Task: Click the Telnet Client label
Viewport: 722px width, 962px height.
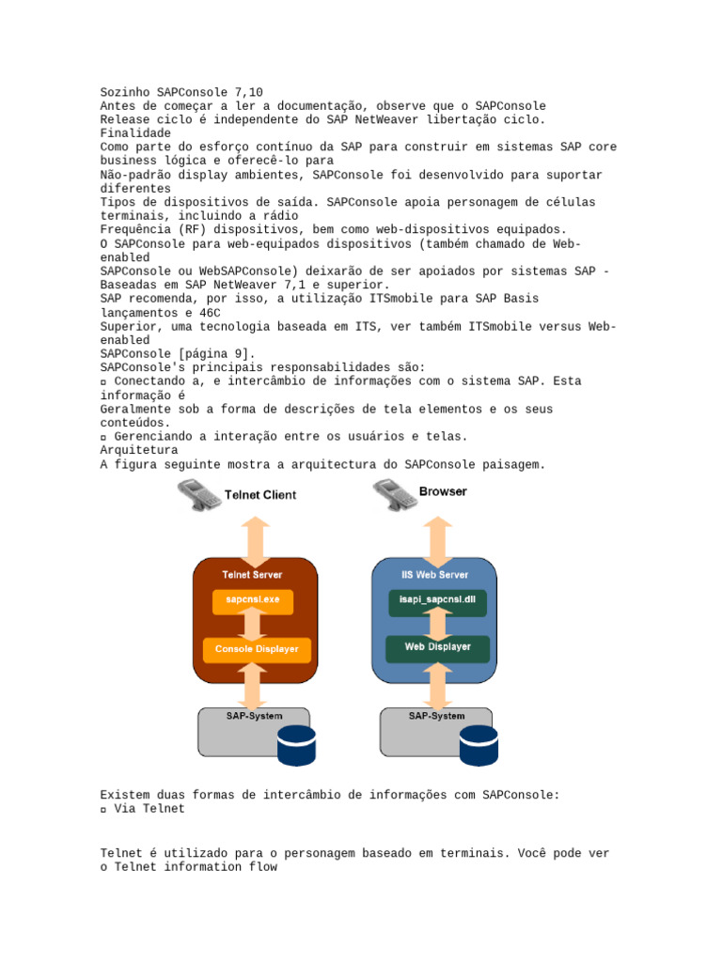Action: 259,495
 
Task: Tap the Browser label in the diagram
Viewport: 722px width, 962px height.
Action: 443,491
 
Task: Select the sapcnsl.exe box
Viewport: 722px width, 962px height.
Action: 251,599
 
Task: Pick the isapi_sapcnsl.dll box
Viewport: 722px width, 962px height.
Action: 437,599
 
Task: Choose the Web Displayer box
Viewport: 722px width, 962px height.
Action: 437,647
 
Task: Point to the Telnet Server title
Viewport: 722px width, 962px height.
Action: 251,574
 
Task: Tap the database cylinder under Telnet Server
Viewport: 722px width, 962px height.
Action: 297,744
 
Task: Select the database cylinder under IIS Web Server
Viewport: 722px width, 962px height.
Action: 479,744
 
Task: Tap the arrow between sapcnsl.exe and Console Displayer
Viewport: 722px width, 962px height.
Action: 251,625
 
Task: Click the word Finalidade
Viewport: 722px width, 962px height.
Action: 135,133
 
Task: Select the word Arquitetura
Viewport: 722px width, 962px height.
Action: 139,450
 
